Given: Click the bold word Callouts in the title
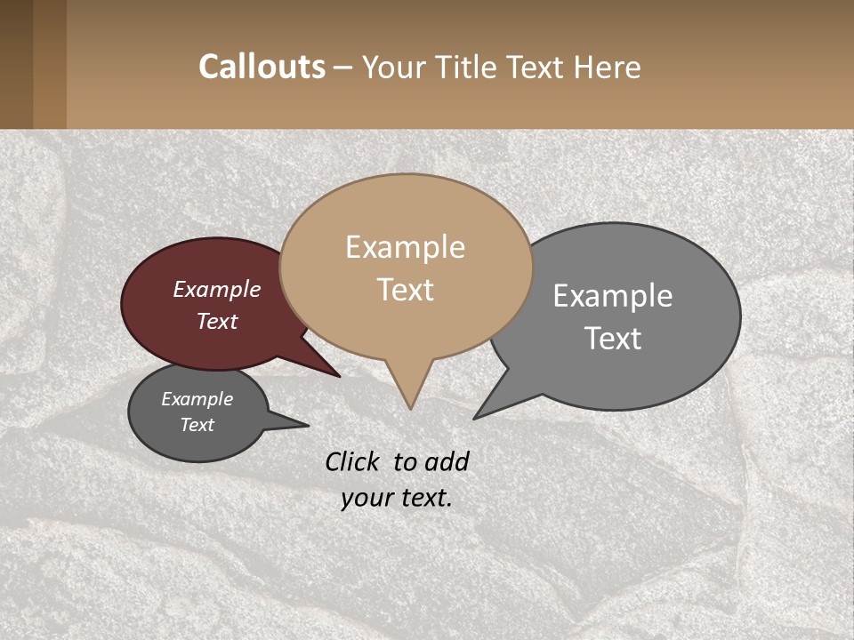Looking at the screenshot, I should click(x=262, y=67).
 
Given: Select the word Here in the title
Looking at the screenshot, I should click(x=608, y=67).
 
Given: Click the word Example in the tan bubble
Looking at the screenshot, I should click(x=405, y=247).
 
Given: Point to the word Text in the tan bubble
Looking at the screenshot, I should click(x=405, y=290).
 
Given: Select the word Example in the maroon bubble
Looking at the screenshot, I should click(x=217, y=290).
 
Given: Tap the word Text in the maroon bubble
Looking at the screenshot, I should click(x=217, y=321).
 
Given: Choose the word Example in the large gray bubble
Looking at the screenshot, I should click(x=613, y=296).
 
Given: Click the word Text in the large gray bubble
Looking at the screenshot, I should click(x=613, y=339).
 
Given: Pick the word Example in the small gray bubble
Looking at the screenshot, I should click(x=197, y=399).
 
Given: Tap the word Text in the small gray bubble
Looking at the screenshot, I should click(x=197, y=425).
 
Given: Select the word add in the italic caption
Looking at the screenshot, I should click(x=447, y=461).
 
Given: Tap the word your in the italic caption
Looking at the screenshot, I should click(x=367, y=498).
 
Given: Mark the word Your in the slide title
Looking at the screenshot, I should click(x=392, y=67).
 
